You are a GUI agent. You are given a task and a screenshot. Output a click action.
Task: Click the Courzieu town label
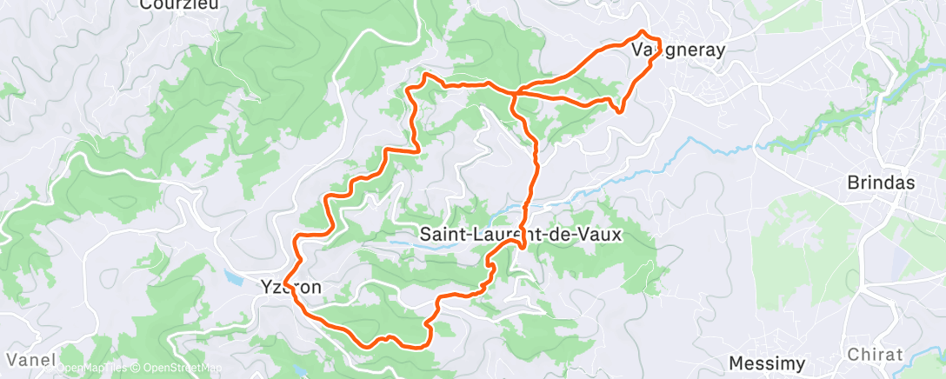(180, 4)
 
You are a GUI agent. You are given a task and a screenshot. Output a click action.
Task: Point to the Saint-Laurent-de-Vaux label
(522, 234)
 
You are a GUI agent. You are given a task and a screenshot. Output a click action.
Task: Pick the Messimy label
(766, 362)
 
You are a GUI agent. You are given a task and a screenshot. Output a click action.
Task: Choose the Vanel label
(31, 359)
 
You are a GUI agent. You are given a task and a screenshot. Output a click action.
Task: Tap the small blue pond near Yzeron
(232, 278)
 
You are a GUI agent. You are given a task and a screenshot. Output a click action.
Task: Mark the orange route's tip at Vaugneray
(644, 32)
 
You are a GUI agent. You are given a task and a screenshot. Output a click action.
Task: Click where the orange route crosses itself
(515, 91)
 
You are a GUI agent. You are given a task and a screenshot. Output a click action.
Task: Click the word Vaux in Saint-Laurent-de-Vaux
(605, 234)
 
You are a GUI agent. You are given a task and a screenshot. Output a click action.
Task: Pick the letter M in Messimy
(736, 362)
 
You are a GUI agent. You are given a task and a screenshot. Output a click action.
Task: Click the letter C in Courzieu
(146, 4)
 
